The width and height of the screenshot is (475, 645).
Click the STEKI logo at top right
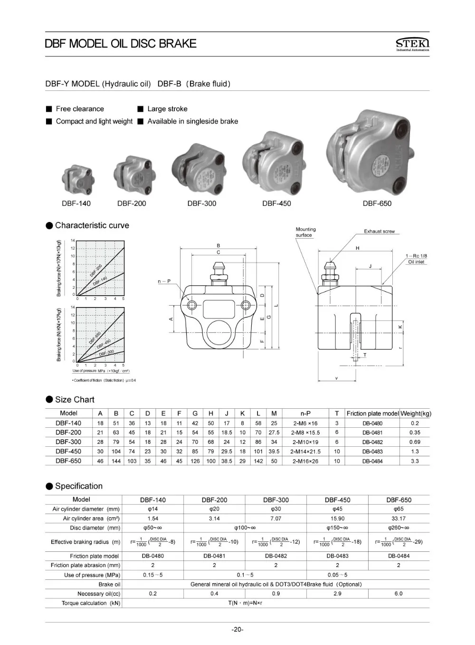[x=412, y=44]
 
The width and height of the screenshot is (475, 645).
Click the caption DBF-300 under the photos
[x=201, y=203]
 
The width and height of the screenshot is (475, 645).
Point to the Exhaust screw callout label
[x=379, y=231]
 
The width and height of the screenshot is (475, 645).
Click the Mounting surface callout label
[x=305, y=232]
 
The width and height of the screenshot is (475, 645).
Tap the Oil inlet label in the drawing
[x=416, y=262]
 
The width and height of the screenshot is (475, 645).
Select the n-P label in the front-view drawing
[x=164, y=281]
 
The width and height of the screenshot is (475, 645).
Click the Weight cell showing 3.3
[x=415, y=461]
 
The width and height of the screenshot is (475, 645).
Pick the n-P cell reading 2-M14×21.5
[x=305, y=452]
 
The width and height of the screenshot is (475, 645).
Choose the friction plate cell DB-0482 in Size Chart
[x=372, y=442]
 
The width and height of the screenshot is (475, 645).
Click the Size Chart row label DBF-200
[x=68, y=433]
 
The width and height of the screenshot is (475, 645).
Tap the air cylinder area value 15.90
[x=337, y=519]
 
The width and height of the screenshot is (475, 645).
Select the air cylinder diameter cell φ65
[x=399, y=509]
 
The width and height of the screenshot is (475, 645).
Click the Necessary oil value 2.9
[x=337, y=594]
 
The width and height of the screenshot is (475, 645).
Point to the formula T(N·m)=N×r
[x=245, y=603]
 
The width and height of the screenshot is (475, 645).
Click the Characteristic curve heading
[x=92, y=225]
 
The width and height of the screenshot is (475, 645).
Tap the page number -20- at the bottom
[x=237, y=630]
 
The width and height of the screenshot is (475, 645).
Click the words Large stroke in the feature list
[x=167, y=109]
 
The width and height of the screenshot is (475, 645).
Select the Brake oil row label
[x=109, y=584]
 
